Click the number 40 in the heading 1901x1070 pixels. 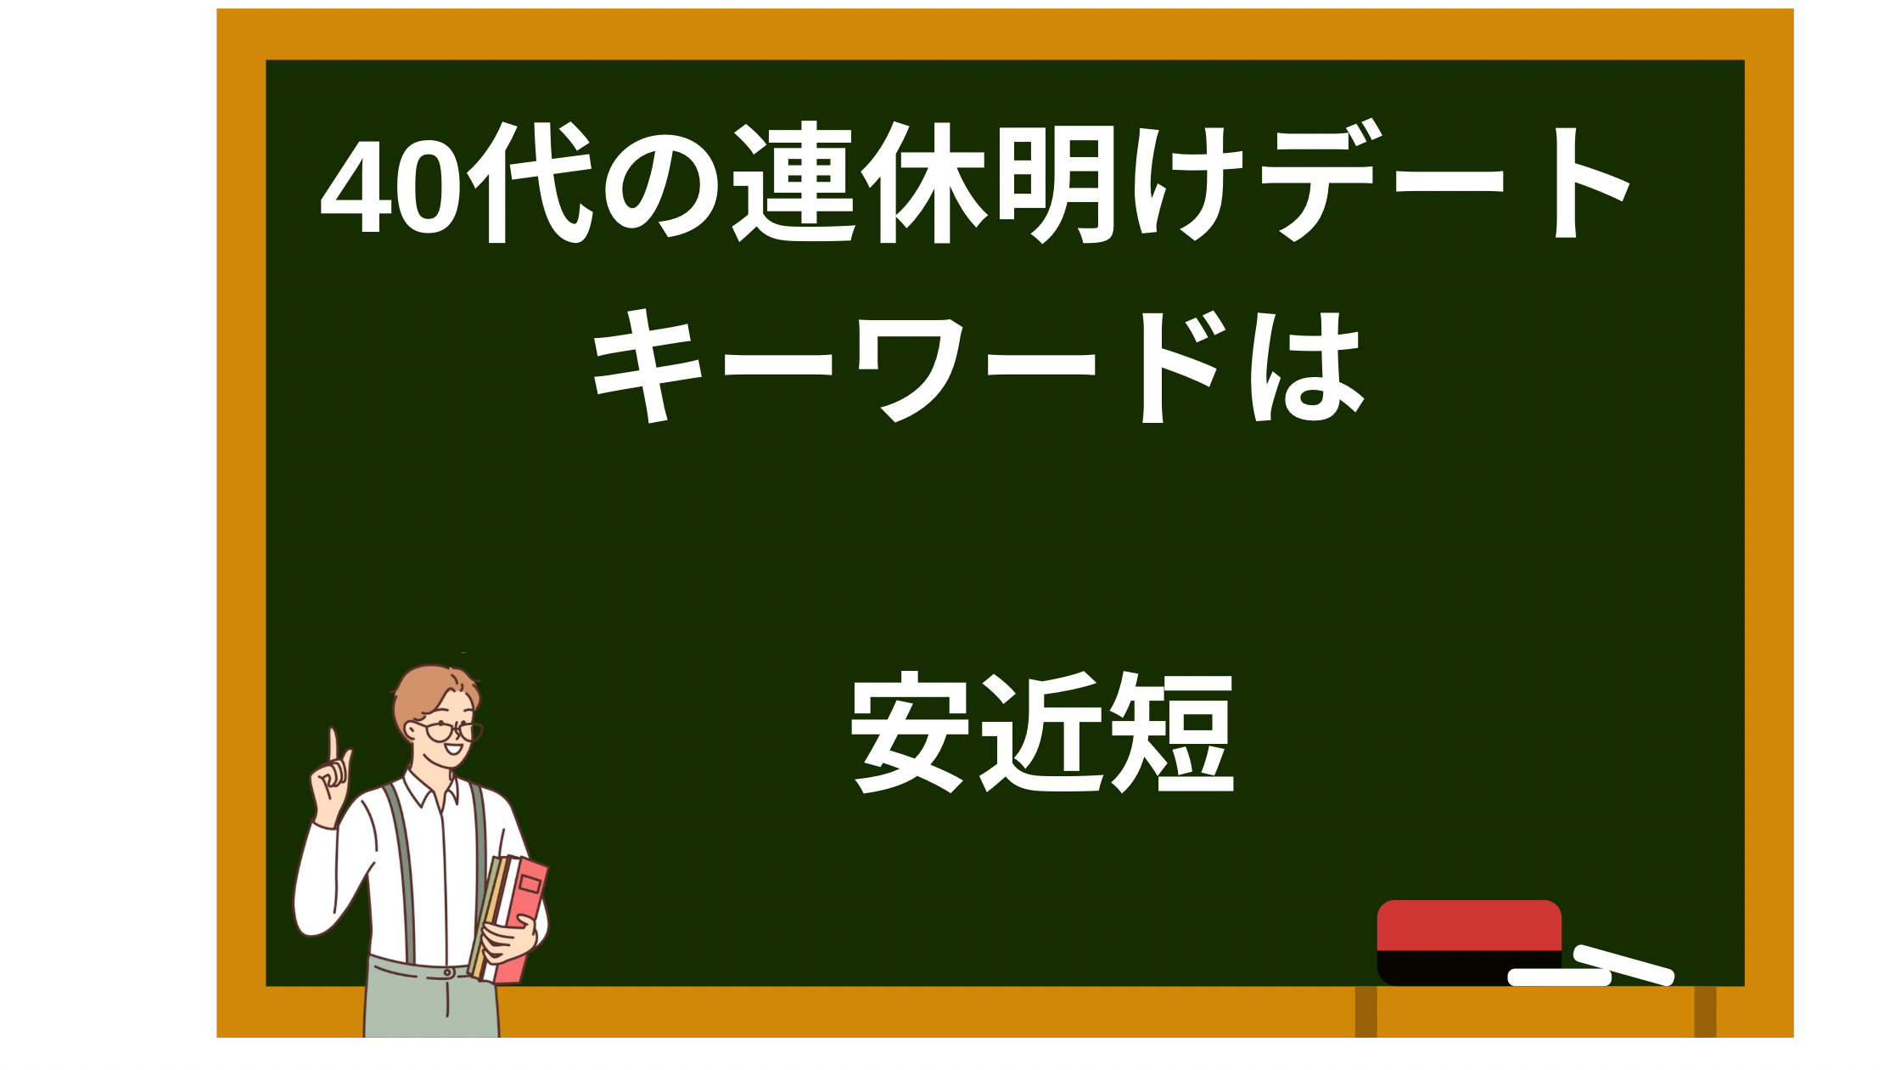392,184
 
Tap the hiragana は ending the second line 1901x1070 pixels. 1308,367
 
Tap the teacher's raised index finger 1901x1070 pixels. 334,745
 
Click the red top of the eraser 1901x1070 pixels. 1469,925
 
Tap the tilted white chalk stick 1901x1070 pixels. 1623,965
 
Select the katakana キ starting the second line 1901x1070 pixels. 648,366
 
